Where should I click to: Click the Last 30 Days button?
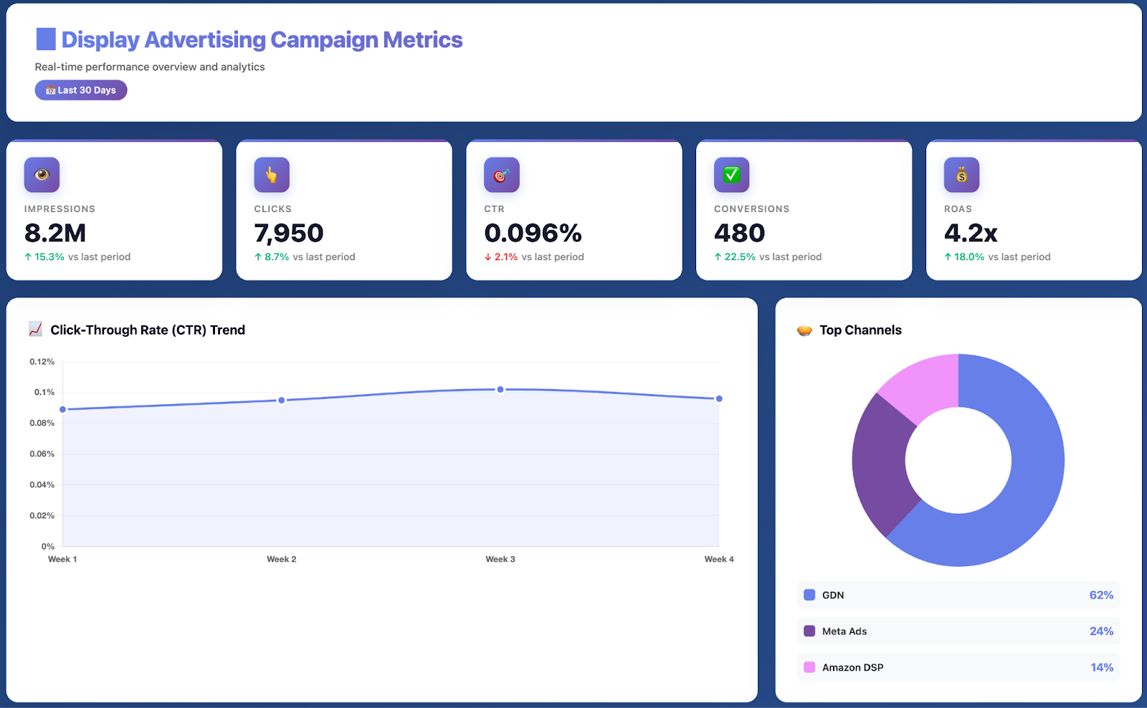click(81, 90)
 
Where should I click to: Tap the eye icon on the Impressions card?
click(42, 175)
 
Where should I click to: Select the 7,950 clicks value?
click(289, 234)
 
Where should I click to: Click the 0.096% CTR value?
click(533, 234)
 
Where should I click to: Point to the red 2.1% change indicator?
click(501, 257)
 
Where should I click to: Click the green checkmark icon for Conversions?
click(731, 175)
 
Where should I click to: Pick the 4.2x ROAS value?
click(971, 234)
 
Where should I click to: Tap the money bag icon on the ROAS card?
click(961, 175)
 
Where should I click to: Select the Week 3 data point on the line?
click(500, 390)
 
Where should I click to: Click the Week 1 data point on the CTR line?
click(63, 409)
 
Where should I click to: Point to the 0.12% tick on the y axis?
click(42, 362)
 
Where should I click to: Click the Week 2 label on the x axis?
click(281, 560)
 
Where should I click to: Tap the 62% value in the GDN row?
click(1101, 595)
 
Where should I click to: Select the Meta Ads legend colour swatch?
click(809, 631)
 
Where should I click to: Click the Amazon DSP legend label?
click(852, 668)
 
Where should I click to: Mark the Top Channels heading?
click(860, 330)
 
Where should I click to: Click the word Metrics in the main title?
click(423, 40)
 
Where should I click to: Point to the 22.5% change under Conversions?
click(739, 257)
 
